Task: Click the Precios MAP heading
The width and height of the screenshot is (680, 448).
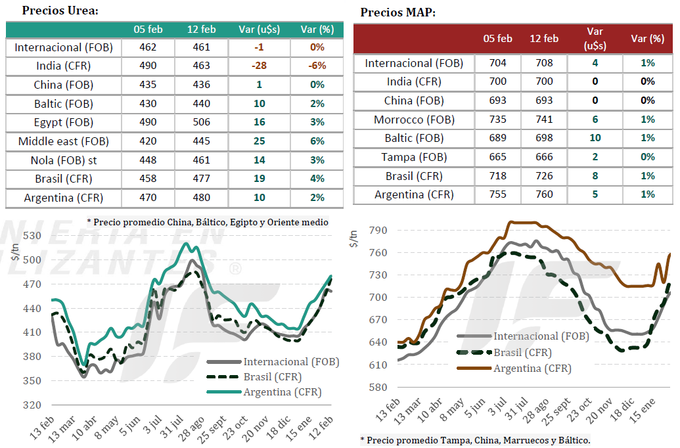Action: (398, 12)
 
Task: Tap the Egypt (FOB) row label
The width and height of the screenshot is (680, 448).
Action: (64, 122)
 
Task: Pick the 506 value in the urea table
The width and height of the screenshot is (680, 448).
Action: (201, 122)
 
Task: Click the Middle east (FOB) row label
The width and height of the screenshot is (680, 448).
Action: (64, 141)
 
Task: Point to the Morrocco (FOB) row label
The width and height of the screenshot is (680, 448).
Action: (414, 120)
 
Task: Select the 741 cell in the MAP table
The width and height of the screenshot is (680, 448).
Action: (544, 120)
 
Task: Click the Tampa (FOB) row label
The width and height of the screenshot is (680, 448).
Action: (414, 157)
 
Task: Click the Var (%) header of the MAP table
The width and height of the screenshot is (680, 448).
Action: (647, 39)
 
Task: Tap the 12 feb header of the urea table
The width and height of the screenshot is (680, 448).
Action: (201, 30)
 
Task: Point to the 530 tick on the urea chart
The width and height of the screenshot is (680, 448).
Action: (32, 236)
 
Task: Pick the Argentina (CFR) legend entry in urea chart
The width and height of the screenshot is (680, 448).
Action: (283, 392)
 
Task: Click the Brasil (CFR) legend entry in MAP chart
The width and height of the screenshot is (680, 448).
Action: (522, 352)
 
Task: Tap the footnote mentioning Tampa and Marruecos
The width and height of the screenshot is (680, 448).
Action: (475, 439)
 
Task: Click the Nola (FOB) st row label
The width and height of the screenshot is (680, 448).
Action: (64, 160)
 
